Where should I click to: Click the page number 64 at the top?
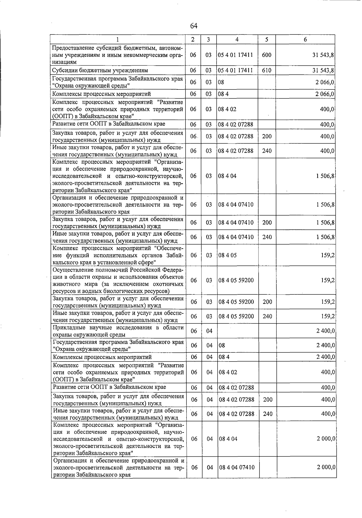tap(194, 26)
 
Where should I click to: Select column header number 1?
tap(117, 39)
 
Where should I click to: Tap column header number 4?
tap(237, 39)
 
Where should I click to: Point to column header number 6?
tap(305, 39)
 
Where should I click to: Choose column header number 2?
tap(193, 39)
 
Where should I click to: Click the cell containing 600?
tap(267, 55)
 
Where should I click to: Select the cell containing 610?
tap(267, 70)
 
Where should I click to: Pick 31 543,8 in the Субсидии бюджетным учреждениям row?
tap(323, 70)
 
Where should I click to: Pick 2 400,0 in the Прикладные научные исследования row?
tap(325, 331)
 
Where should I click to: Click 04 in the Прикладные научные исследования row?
tap(209, 331)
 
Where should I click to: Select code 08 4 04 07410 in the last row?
tap(237, 467)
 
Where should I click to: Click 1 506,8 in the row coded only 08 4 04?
tap(325, 176)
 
